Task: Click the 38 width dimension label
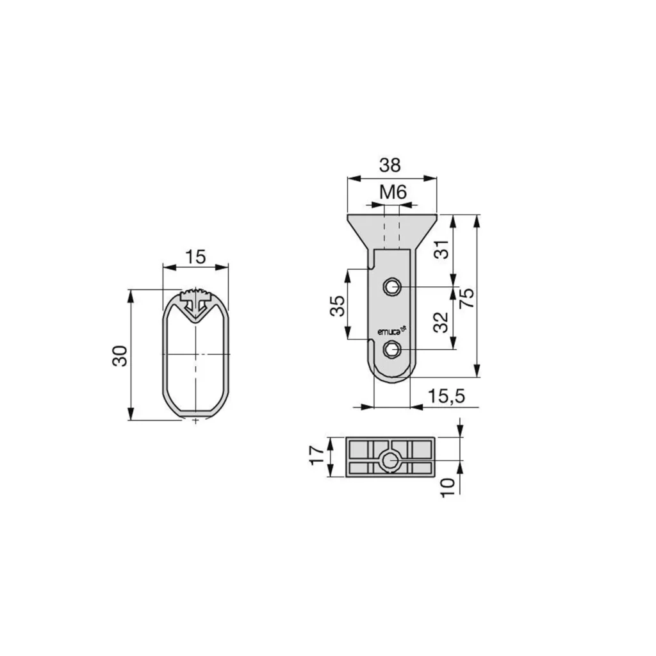(390, 165)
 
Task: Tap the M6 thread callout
(393, 192)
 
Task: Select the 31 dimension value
(441, 249)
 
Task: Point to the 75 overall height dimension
(466, 298)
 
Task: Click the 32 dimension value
(441, 322)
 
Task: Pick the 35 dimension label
(338, 306)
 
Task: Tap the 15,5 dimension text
(447, 395)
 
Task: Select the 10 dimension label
(447, 488)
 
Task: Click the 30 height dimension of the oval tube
(120, 356)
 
